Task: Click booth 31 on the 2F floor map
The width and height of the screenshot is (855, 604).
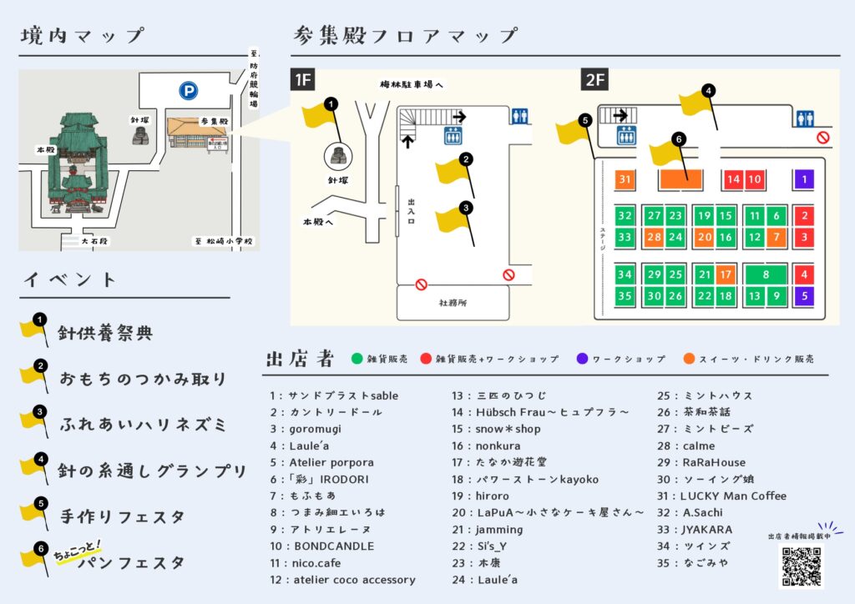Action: pyautogui.click(x=625, y=179)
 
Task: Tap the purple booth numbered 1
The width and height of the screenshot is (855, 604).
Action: pyautogui.click(x=804, y=179)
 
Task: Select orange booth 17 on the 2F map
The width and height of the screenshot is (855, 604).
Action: pyautogui.click(x=726, y=274)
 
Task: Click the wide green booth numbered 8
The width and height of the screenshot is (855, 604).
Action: pyautogui.click(x=766, y=274)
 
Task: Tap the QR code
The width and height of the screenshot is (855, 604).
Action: pyautogui.click(x=802, y=567)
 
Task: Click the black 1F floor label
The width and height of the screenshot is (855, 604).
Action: pyautogui.click(x=302, y=80)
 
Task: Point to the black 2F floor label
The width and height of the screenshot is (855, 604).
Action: pyautogui.click(x=595, y=80)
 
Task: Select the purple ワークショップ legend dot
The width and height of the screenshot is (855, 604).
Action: pyautogui.click(x=581, y=359)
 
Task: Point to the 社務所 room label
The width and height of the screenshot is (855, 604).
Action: pyautogui.click(x=453, y=303)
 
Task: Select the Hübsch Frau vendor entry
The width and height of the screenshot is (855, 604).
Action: pyautogui.click(x=540, y=412)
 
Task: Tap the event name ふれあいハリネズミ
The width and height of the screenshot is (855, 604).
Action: pyautogui.click(x=143, y=424)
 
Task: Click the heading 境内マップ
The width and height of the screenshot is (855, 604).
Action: pyautogui.click(x=83, y=37)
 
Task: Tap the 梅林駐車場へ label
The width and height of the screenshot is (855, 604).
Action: pyautogui.click(x=412, y=85)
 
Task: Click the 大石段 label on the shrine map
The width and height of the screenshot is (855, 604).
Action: pyautogui.click(x=94, y=242)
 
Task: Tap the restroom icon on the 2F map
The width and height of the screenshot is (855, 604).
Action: pyautogui.click(x=805, y=118)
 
